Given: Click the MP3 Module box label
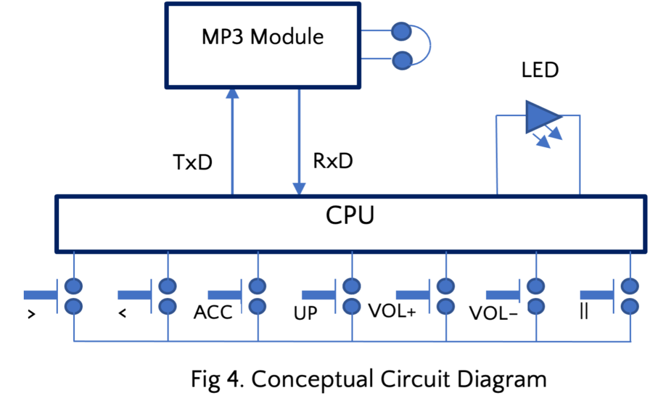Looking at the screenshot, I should (x=262, y=37).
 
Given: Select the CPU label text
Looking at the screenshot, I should (x=349, y=215).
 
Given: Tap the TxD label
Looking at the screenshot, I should (x=193, y=164).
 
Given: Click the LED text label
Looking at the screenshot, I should (x=539, y=71).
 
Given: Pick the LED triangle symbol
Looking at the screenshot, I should (x=542, y=117).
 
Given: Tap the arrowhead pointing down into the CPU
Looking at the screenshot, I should (x=299, y=188).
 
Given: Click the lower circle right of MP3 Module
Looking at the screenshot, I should (x=401, y=60).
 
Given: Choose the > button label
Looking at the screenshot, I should (x=31, y=314).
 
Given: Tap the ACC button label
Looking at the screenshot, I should (x=213, y=313).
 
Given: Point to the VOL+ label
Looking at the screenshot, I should (x=392, y=311).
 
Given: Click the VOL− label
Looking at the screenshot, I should (x=493, y=314).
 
